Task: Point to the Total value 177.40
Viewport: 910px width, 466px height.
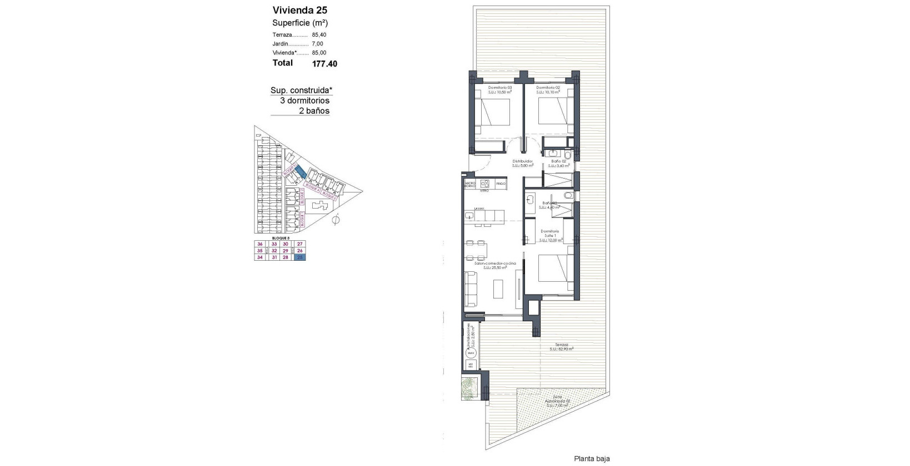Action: (x=324, y=64)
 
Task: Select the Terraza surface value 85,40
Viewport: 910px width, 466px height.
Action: (x=319, y=34)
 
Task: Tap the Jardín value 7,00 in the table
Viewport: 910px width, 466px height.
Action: (x=317, y=43)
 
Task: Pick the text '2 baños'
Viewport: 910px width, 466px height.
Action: (x=314, y=110)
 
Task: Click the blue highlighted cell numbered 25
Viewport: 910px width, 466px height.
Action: (x=300, y=257)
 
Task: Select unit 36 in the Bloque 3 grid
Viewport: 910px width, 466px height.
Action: (x=259, y=244)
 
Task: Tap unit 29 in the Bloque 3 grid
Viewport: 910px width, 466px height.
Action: (x=286, y=250)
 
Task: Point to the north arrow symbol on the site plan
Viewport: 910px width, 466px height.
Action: (x=335, y=221)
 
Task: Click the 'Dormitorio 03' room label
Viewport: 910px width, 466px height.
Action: (x=499, y=88)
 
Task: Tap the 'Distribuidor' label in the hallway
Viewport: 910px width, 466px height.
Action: (x=522, y=161)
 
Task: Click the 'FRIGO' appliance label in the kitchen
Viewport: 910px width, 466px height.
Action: (x=501, y=183)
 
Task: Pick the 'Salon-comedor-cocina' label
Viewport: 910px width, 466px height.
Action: (x=494, y=263)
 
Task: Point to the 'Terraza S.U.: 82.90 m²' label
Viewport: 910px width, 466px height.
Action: (x=561, y=347)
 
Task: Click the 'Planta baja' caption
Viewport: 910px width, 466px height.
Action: (x=592, y=459)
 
